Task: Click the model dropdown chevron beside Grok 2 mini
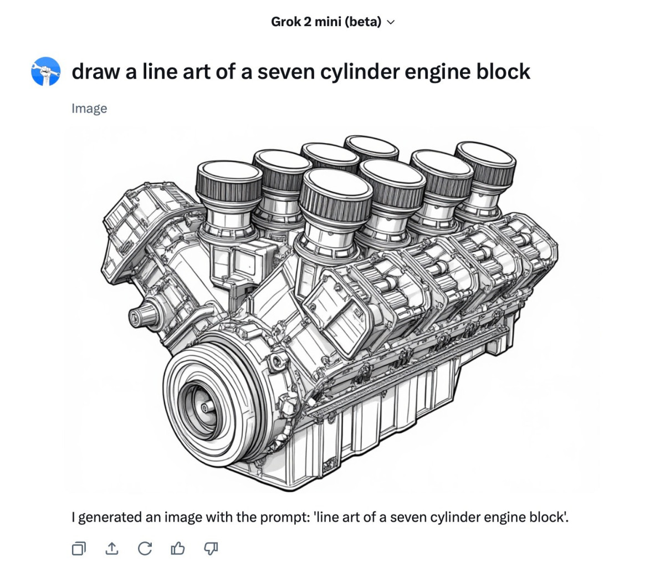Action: [390, 22]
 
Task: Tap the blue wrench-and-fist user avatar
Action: [45, 72]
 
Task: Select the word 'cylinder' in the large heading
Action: [359, 72]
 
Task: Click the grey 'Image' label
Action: [89, 108]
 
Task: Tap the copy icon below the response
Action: [79, 548]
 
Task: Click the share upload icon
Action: [112, 548]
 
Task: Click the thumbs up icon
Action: [178, 548]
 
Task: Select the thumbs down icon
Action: [211, 549]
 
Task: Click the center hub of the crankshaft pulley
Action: [204, 408]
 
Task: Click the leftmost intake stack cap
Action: [229, 181]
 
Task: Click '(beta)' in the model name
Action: [363, 22]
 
